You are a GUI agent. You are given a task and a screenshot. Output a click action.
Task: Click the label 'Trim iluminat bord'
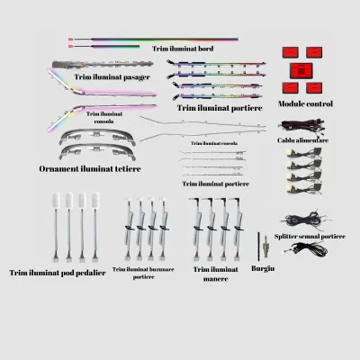[183, 49]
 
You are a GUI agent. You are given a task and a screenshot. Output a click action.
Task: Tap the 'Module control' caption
[305, 103]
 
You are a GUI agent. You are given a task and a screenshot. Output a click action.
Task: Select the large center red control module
[301, 71]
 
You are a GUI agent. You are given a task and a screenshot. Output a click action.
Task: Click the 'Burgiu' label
[263, 268]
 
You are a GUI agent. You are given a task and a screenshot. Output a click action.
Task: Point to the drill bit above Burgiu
[258, 246]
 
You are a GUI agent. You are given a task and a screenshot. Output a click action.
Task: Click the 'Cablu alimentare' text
[302, 140]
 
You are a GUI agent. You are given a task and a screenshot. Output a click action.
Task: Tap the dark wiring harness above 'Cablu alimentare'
[301, 127]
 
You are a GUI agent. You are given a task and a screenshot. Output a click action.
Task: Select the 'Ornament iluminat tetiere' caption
[90, 168]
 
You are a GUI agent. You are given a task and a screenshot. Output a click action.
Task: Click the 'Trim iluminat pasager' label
[112, 77]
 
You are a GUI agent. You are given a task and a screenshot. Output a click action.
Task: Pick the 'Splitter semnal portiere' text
[310, 237]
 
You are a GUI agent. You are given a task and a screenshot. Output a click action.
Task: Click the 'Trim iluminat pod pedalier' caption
[58, 273]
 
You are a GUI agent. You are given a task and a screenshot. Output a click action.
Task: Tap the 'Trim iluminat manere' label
[216, 274]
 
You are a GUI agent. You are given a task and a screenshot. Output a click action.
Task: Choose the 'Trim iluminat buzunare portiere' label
[143, 273]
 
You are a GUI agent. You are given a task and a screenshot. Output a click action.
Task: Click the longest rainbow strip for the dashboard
[153, 40]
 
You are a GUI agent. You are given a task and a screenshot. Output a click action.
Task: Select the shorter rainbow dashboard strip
[104, 47]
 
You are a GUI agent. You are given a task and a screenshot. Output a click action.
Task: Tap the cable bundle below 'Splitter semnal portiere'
[306, 248]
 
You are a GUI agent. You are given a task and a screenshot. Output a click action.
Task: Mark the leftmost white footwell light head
[56, 200]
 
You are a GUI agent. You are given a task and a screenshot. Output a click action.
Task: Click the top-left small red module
[290, 52]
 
